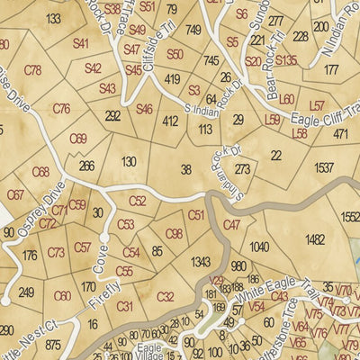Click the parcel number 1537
tap(323, 168)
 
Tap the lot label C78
tap(33, 70)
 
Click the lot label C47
tap(231, 225)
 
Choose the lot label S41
tap(81, 43)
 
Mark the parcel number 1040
tap(259, 247)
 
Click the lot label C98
tap(175, 234)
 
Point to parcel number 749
tap(193, 31)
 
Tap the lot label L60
tap(287, 100)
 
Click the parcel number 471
tap(340, 134)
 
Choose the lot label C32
tap(165, 297)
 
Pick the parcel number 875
tap(53, 344)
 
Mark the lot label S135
tap(285, 61)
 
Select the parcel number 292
tap(112, 116)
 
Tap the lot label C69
tap(78, 139)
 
